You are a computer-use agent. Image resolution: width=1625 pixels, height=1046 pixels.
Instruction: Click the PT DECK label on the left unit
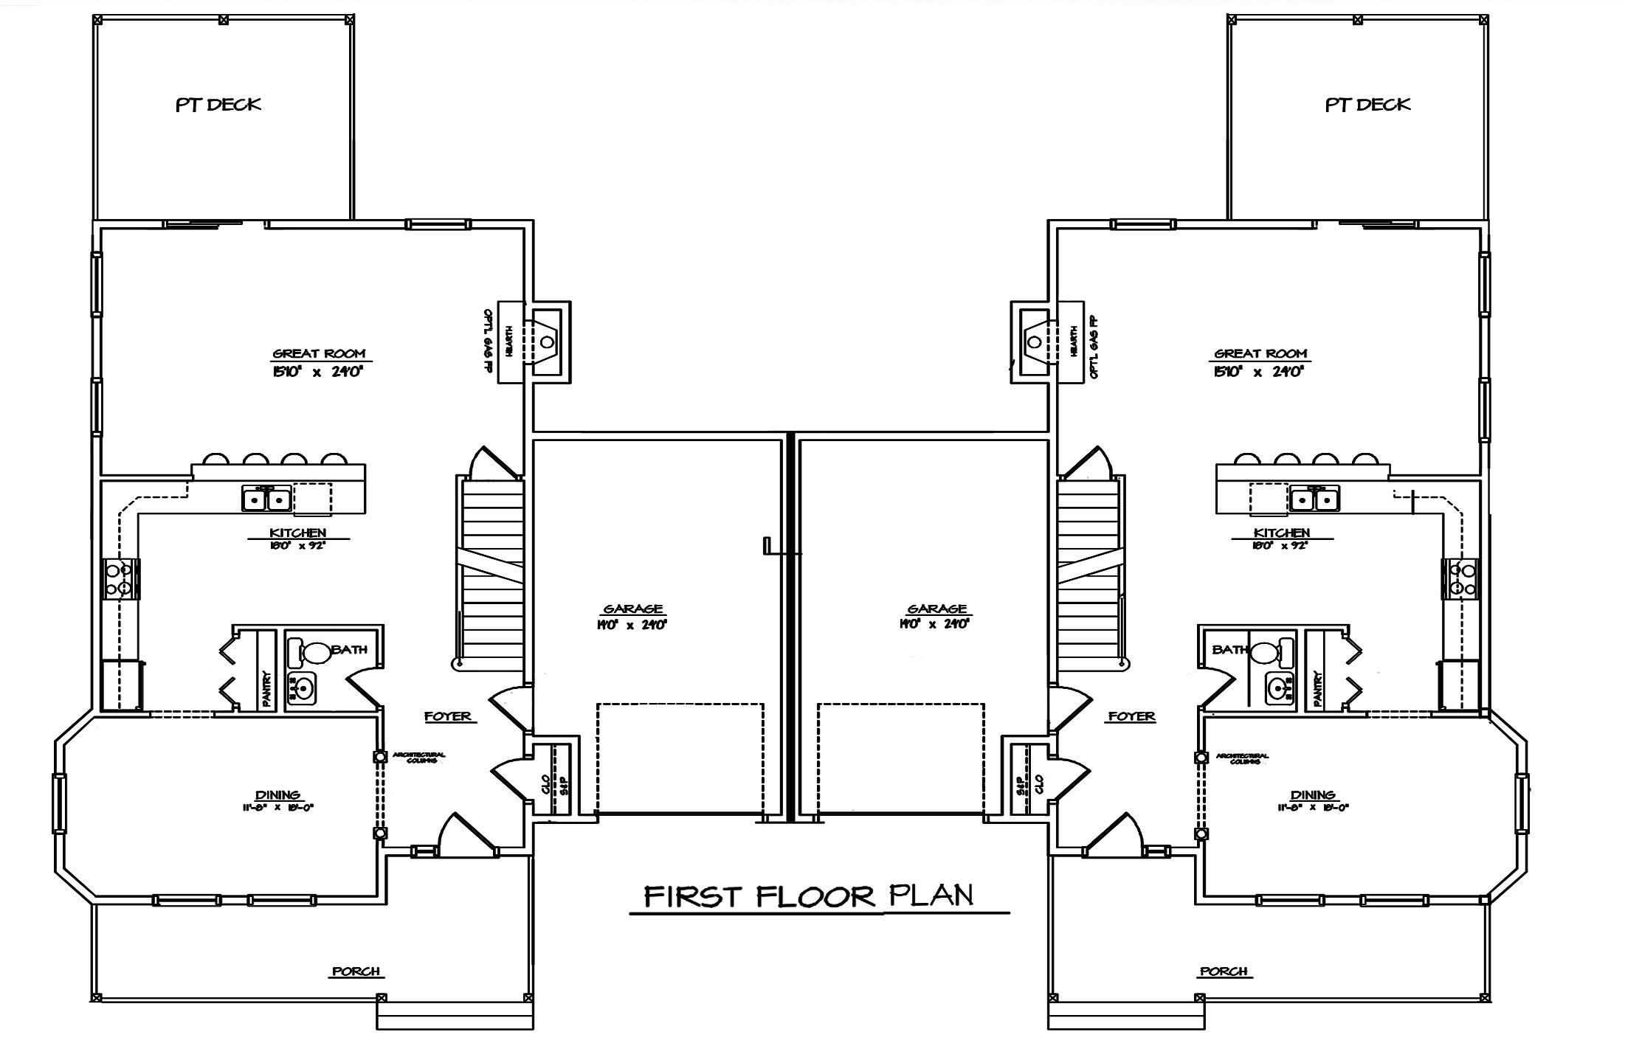(218, 105)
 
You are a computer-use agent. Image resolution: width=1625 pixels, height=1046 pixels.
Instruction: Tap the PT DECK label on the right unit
(1367, 105)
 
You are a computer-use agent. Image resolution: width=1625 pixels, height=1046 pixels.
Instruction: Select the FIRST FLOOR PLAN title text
(809, 896)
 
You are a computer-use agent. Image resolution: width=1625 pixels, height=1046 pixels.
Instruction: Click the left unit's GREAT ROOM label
(319, 354)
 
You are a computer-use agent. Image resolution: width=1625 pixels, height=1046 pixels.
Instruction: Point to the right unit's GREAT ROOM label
(1260, 354)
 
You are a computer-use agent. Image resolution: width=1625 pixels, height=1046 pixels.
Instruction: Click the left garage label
(633, 609)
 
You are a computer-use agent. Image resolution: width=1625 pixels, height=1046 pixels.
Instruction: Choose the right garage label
(937, 609)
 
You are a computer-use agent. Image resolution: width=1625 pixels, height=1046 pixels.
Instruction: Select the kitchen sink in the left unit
(266, 500)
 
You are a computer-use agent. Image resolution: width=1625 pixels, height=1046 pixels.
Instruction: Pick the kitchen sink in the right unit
(1316, 500)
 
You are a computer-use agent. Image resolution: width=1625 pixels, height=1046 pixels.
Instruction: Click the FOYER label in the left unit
(447, 716)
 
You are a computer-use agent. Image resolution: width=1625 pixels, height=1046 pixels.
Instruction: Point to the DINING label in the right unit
(1313, 795)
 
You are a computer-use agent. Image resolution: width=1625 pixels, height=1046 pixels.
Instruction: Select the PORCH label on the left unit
(356, 971)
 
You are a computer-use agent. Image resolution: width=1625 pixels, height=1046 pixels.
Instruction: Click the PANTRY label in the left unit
(266, 687)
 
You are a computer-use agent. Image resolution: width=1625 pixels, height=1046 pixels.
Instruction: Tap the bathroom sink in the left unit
(301, 688)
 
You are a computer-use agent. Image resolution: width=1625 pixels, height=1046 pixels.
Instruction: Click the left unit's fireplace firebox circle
(547, 342)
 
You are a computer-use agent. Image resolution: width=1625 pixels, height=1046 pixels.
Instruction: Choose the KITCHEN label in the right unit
(1282, 533)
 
